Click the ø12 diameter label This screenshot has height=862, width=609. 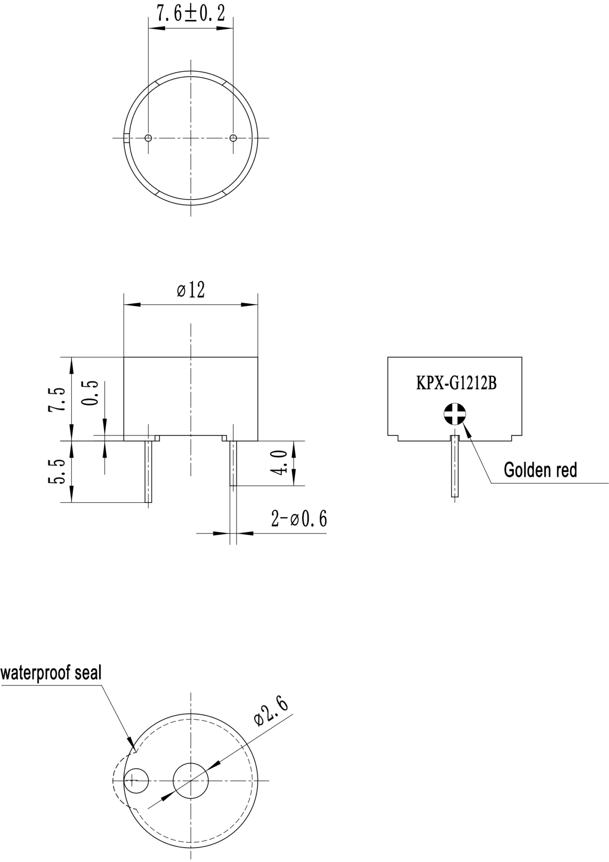(191, 290)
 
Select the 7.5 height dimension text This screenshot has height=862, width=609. (58, 399)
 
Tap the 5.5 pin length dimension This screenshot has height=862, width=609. (58, 471)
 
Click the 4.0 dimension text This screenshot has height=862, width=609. (279, 462)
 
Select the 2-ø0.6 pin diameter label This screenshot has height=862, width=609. (299, 519)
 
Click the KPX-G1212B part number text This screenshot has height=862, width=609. (456, 383)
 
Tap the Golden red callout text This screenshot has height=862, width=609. (540, 470)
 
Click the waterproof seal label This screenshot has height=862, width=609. (51, 672)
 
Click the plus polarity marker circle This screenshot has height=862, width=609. (455, 414)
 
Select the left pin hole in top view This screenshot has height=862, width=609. (148, 138)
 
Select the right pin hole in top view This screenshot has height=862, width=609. (233, 138)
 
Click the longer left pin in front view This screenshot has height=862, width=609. (148, 471)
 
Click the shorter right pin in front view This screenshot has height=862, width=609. (233, 463)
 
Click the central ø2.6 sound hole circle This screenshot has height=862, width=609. (191, 780)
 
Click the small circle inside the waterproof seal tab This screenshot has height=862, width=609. (137, 780)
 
